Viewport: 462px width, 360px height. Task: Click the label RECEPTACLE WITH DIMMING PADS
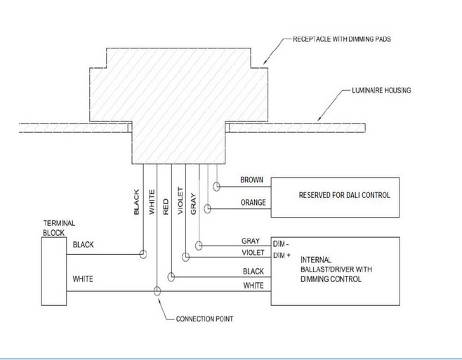click(342, 39)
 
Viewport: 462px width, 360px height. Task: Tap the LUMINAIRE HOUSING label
click(381, 90)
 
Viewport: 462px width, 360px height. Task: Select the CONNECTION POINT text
click(204, 319)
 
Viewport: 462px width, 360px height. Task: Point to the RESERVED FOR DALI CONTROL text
click(345, 195)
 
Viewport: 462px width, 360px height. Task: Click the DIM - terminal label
click(281, 244)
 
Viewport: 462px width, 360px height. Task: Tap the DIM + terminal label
click(282, 255)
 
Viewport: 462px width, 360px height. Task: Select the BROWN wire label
click(251, 180)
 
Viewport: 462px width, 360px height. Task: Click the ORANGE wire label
click(253, 202)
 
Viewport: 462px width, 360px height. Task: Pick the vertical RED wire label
click(166, 206)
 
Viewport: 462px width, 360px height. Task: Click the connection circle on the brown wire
click(216, 187)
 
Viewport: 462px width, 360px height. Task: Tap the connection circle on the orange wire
click(207, 209)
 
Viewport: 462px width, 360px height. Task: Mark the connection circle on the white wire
click(157, 291)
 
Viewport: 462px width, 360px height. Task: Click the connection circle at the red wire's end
click(171, 277)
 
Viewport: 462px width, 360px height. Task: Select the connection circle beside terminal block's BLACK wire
click(143, 254)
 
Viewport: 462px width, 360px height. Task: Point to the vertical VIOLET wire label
click(180, 201)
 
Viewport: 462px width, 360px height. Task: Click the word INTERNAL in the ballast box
click(316, 260)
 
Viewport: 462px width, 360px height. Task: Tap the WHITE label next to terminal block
click(83, 279)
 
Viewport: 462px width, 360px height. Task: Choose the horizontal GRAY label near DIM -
click(251, 241)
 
